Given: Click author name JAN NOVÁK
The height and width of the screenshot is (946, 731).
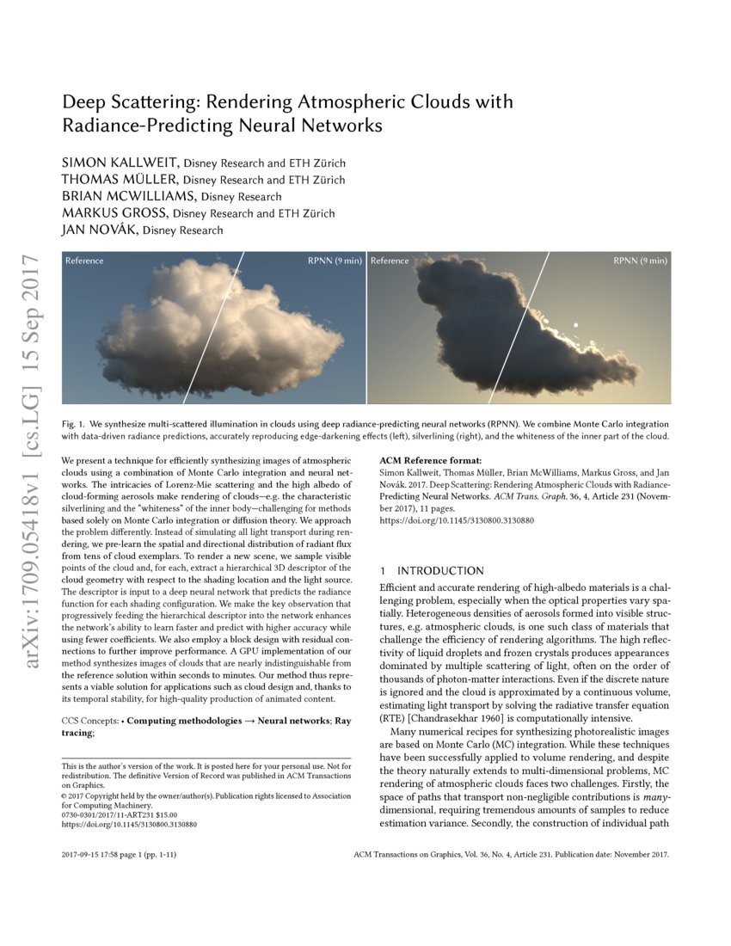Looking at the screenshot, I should click(100, 230).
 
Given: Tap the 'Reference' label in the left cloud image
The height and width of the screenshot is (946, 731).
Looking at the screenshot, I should click(84, 261).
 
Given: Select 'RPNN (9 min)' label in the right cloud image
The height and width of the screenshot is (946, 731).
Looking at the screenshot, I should click(640, 261).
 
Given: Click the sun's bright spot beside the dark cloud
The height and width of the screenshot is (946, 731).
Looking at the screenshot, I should click(575, 325).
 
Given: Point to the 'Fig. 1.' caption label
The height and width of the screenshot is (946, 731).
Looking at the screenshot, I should click(76, 425).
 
